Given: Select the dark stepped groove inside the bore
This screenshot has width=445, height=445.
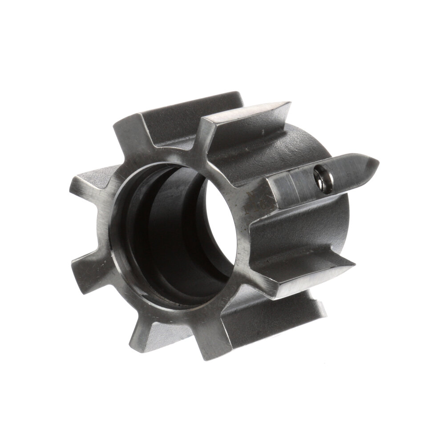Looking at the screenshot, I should [x=147, y=231].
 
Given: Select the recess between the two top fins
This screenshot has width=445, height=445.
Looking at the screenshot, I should [x=178, y=125].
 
